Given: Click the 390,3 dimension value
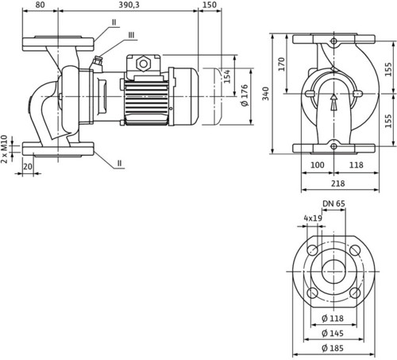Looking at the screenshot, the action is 129,5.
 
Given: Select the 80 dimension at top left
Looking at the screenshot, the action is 40,5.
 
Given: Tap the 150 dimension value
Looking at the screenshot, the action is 210,5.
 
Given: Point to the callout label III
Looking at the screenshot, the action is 131,35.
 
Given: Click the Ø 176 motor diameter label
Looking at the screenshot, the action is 245,95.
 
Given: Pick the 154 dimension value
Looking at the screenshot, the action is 227,76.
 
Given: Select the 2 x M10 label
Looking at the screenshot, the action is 4,149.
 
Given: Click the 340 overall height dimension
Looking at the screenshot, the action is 265,93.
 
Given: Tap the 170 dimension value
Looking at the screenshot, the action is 282,64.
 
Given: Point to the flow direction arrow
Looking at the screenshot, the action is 334,103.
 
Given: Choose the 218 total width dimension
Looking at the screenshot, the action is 338,183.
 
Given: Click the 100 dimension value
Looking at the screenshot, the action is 317,165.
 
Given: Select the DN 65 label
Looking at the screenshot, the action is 333,203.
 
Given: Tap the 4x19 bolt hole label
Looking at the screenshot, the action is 313,218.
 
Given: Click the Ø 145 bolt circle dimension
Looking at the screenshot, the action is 333,333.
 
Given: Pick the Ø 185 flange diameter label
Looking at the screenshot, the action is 333,348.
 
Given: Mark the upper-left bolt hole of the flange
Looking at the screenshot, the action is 313,250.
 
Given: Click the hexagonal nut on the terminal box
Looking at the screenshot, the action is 143,64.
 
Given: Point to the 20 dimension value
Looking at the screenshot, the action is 28,166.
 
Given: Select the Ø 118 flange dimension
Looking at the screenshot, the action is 333,318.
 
